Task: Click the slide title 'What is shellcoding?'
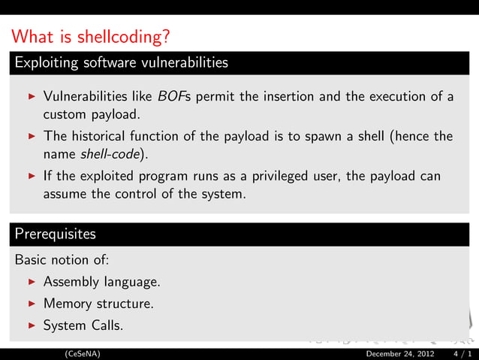(x=92, y=36)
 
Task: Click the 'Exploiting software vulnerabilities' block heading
(x=121, y=62)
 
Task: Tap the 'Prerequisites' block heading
(x=56, y=234)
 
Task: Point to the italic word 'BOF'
(x=170, y=97)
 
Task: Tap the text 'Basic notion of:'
(x=62, y=261)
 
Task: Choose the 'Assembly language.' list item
(x=101, y=283)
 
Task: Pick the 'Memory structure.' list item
(x=98, y=304)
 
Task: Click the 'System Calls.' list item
(x=83, y=325)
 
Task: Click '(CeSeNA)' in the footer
(x=83, y=353)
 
